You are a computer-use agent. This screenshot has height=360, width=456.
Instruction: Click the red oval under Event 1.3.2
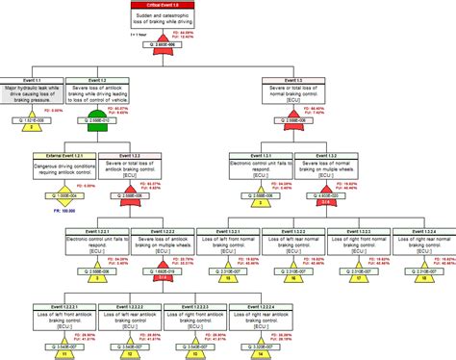[x=327, y=202]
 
